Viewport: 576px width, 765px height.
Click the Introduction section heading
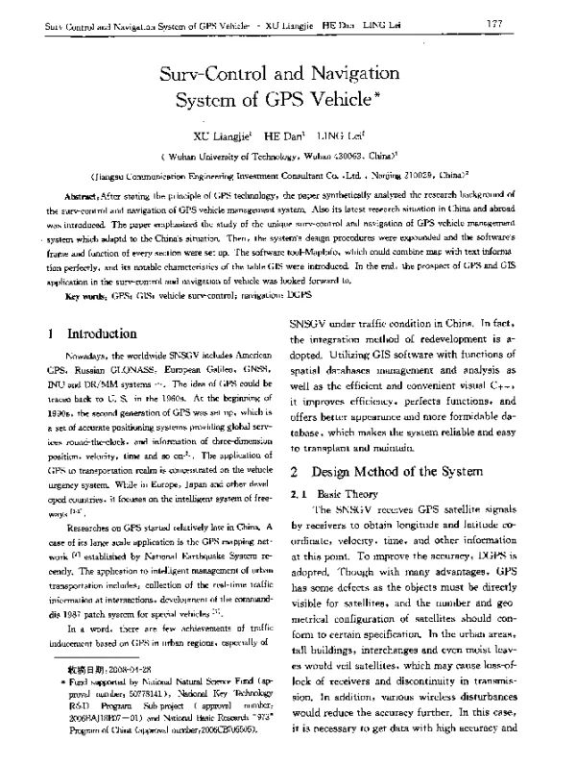101,333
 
